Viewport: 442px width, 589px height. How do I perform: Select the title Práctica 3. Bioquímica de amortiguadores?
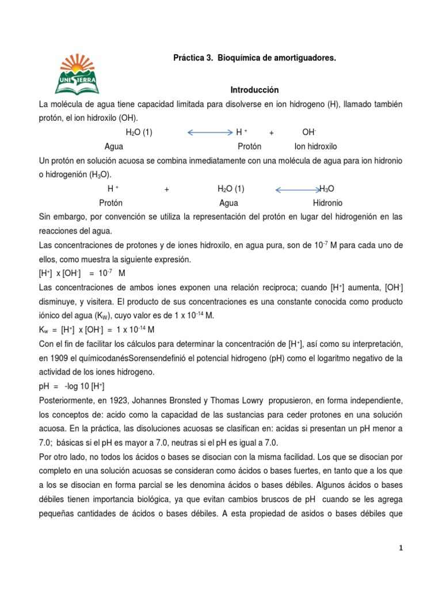tap(254, 59)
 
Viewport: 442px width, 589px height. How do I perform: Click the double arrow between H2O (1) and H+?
tap(210, 132)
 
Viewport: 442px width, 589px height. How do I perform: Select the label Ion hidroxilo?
tap(316, 147)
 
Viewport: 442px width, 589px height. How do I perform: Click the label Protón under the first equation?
tap(250, 147)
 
